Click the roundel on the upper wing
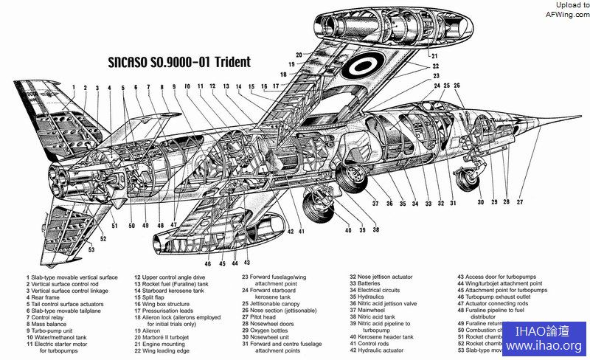[362, 69]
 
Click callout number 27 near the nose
[519, 201]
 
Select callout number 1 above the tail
[74, 88]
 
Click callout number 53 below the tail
[91, 251]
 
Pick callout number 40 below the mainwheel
[348, 230]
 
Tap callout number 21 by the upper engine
[434, 55]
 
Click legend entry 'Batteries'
[369, 283]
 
